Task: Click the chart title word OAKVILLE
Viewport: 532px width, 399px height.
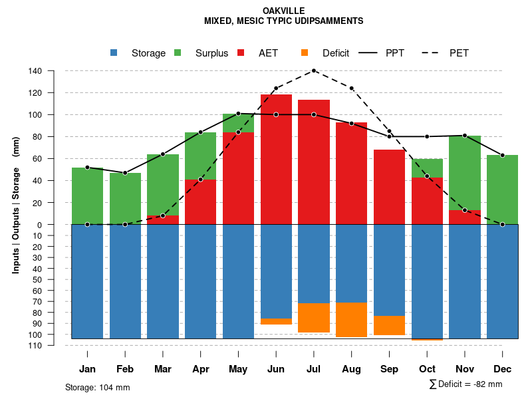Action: (x=283, y=11)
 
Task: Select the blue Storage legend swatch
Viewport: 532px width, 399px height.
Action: (x=114, y=53)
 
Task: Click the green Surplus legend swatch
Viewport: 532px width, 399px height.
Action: (x=178, y=53)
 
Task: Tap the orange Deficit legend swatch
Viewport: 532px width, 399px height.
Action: (x=305, y=53)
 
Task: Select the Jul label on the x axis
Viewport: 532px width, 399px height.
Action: (x=314, y=369)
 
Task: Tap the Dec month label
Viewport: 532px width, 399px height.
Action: (x=502, y=369)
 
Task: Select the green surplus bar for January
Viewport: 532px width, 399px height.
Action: (x=87, y=196)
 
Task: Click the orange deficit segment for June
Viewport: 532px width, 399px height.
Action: (x=276, y=322)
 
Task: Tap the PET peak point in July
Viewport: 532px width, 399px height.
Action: (x=314, y=71)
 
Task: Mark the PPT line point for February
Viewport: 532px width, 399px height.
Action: (x=125, y=173)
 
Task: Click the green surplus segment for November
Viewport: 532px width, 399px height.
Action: (x=464, y=173)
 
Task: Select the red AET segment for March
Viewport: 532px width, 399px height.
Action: (x=163, y=220)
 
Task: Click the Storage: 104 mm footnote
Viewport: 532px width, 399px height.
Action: (x=97, y=387)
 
